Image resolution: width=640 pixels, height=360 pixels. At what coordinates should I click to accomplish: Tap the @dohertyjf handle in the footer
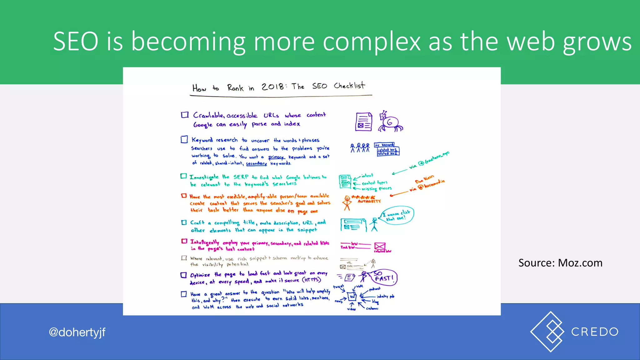pyautogui.click(x=77, y=332)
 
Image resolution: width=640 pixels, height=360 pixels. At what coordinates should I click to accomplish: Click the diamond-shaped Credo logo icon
pyautogui.click(x=547, y=332)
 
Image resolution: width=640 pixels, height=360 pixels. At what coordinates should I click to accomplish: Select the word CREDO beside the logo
pyautogui.click(x=595, y=332)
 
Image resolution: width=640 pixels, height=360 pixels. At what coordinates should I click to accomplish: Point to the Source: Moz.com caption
pyautogui.click(x=560, y=263)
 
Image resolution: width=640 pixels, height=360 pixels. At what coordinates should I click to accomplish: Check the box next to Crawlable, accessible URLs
pyautogui.click(x=185, y=115)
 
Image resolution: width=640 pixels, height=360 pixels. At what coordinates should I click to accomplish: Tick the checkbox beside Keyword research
pyautogui.click(x=184, y=139)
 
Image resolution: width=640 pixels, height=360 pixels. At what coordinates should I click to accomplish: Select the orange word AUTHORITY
pyautogui.click(x=369, y=202)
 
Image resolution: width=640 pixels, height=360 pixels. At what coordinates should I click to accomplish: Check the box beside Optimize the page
pyautogui.click(x=184, y=275)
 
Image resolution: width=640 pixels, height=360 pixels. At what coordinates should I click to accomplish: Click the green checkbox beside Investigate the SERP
pyautogui.click(x=183, y=176)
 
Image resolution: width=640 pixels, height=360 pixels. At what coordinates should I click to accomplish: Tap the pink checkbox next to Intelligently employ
pyautogui.click(x=184, y=241)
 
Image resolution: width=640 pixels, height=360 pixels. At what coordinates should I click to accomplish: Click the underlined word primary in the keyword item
pyautogui.click(x=276, y=157)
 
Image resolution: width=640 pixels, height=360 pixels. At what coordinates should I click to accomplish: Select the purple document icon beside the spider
pyautogui.click(x=363, y=122)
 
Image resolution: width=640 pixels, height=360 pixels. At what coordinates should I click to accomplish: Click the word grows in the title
pyautogui.click(x=597, y=41)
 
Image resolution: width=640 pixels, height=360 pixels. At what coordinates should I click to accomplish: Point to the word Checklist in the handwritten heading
pyautogui.click(x=349, y=85)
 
